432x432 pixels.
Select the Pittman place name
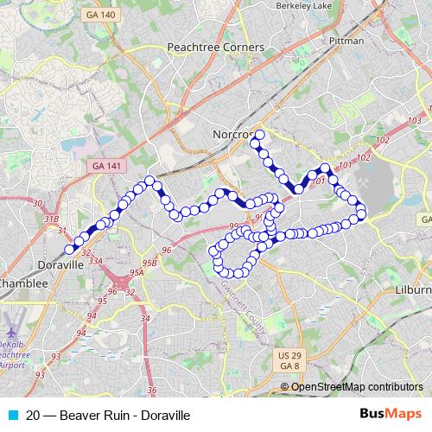[x=346, y=41]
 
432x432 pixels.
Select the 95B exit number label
[x=149, y=262]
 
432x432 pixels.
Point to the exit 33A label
[x=94, y=260]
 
